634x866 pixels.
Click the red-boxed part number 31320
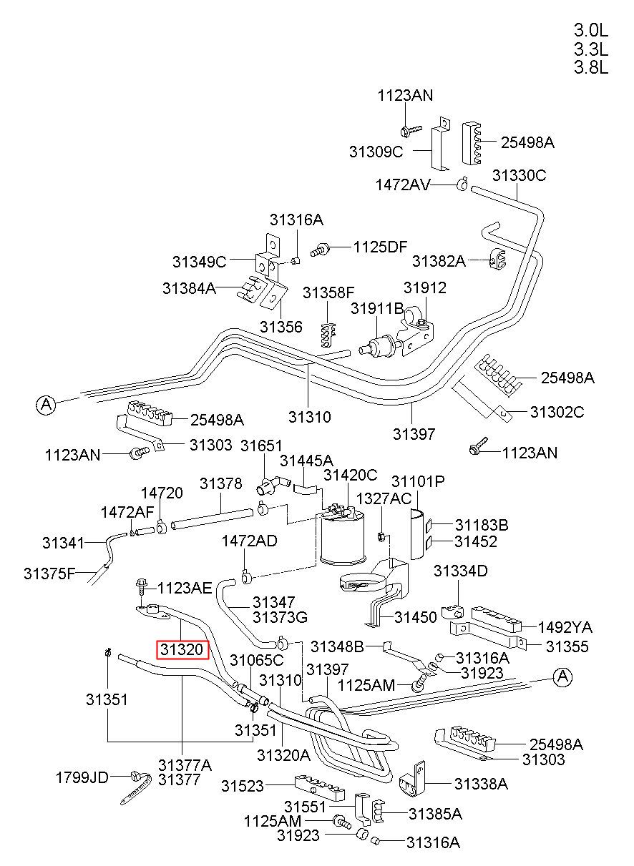tap(182, 649)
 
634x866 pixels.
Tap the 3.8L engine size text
tap(590, 68)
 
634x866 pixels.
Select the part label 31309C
tap(376, 152)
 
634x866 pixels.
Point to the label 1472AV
tap(403, 184)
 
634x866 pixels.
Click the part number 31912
tap(425, 287)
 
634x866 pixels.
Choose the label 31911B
tap(377, 308)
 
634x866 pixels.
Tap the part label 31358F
tap(328, 292)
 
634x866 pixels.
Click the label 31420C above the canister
tap(350, 475)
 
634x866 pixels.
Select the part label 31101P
tap(418, 481)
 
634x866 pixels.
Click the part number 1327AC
tap(384, 498)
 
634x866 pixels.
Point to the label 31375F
tap(49, 574)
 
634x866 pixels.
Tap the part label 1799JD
tap(82, 777)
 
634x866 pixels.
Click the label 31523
tap(242, 786)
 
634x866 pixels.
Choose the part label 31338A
tap(481, 784)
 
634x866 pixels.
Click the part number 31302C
tap(557, 412)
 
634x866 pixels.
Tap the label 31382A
tap(439, 261)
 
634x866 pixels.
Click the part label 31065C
tap(256, 660)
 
